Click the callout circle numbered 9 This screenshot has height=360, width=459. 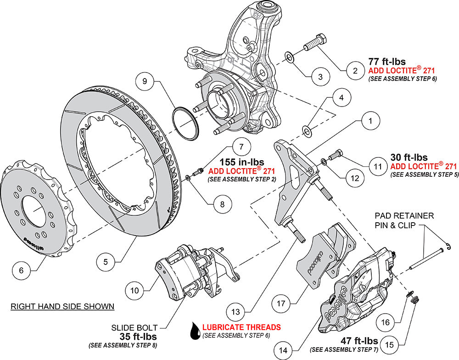[145, 82]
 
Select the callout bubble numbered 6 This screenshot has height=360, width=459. [21, 270]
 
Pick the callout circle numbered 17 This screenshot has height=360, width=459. [281, 303]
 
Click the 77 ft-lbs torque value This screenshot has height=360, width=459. [387, 61]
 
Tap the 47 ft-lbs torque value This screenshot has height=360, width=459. [359, 341]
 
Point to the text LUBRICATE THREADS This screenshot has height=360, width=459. [241, 327]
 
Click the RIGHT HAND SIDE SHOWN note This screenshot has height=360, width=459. [62, 306]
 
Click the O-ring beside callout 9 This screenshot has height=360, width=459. [185, 123]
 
